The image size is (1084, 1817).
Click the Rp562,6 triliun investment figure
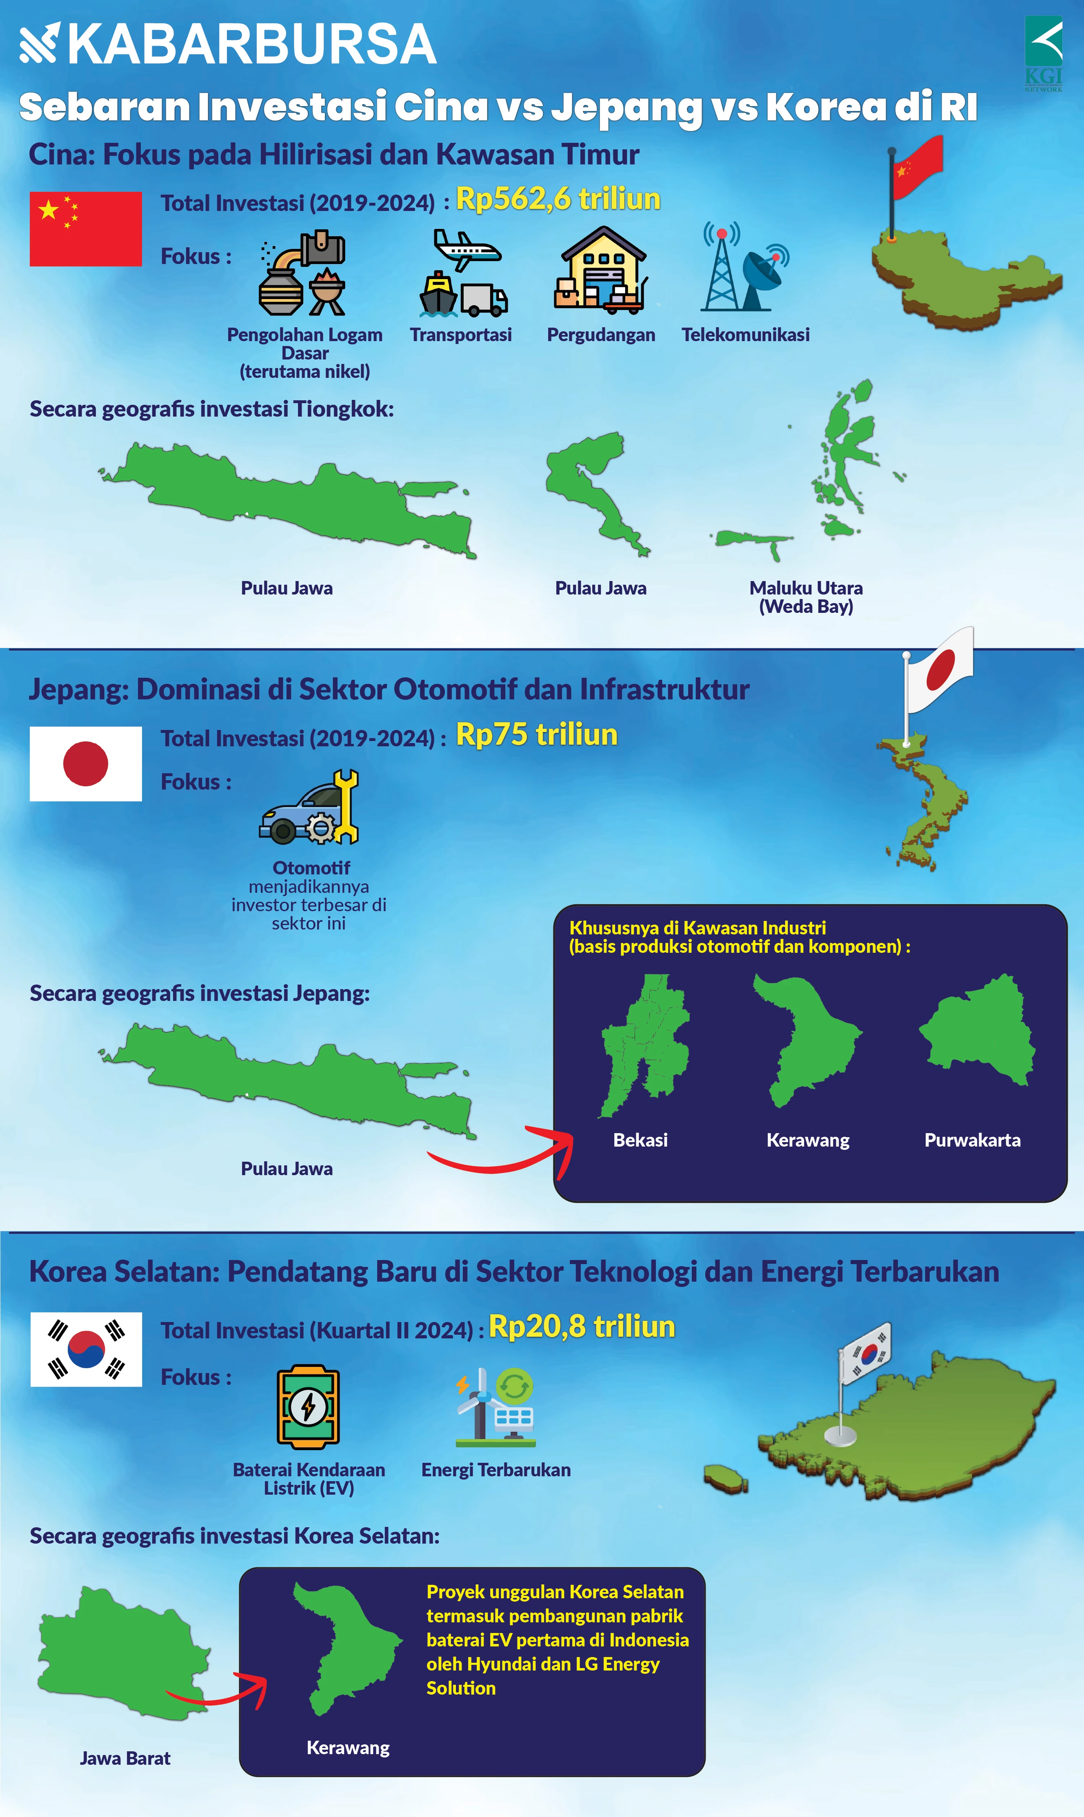pos(558,199)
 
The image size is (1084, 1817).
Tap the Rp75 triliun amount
pos(536,735)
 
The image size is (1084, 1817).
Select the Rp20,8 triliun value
pos(582,1326)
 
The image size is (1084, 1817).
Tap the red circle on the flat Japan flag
pos(85,763)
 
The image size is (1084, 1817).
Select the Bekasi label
pos(640,1140)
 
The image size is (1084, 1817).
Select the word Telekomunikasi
pos(745,335)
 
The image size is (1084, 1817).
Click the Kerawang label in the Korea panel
pos(348,1748)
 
